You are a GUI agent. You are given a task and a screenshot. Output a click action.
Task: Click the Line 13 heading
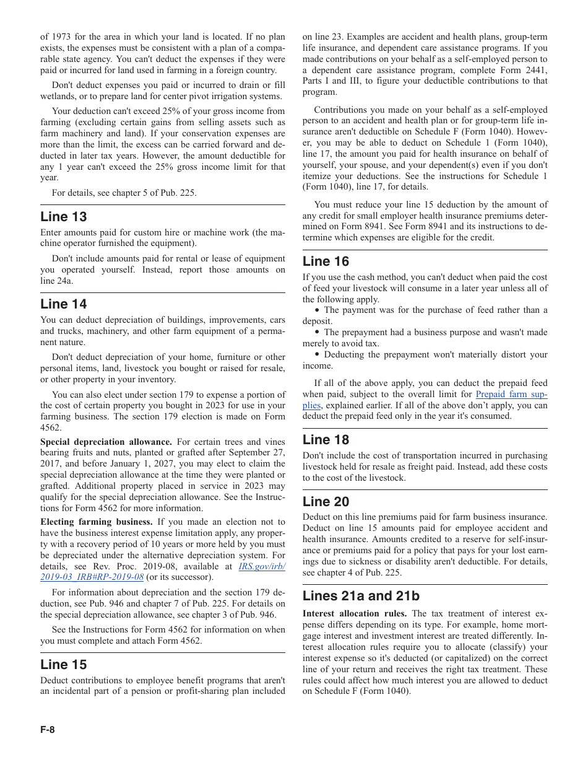[64, 217]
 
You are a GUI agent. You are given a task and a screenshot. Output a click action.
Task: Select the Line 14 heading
[64, 304]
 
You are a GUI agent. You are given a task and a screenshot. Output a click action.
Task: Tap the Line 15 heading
[64, 665]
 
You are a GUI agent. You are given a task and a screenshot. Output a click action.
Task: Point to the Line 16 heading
[326, 261]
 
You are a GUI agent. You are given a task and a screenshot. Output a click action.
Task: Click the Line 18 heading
[326, 440]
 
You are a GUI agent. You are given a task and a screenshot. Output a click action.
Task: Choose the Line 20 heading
[326, 502]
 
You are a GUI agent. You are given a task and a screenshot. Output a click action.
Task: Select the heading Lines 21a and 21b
[361, 596]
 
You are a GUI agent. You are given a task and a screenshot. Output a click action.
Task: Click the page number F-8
[48, 730]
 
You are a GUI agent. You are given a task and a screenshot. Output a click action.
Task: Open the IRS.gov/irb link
[262, 566]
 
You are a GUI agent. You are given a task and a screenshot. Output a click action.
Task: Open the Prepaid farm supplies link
[511, 395]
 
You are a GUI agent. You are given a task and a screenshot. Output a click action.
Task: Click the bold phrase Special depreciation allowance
[106, 442]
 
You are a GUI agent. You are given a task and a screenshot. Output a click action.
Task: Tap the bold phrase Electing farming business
[97, 522]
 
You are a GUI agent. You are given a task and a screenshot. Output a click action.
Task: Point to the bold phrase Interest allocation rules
[355, 613]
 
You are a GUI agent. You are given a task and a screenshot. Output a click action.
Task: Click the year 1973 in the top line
[62, 37]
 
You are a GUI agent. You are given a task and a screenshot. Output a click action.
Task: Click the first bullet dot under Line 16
[318, 310]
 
